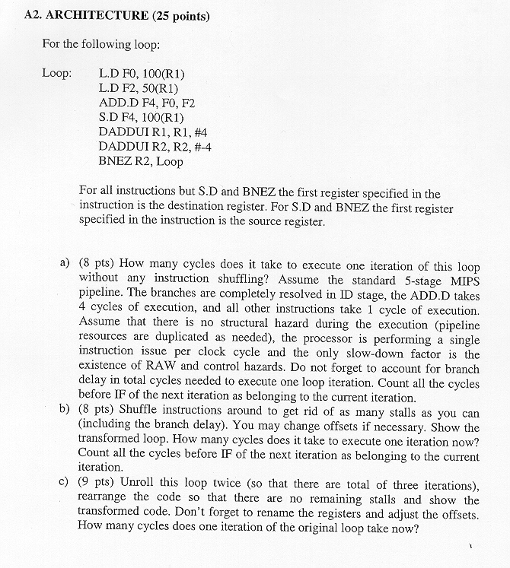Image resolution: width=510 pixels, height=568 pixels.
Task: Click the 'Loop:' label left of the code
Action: click(57, 75)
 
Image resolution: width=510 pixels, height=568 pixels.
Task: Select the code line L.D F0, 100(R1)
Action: click(142, 75)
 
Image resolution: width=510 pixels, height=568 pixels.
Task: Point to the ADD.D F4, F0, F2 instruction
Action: click(147, 103)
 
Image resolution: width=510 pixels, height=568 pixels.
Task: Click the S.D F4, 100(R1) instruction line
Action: click(142, 118)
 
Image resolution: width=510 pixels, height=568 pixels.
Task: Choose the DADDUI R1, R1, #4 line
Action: click(150, 132)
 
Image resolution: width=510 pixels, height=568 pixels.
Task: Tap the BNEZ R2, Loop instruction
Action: click(141, 161)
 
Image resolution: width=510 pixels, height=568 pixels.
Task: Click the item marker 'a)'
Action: click(65, 263)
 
